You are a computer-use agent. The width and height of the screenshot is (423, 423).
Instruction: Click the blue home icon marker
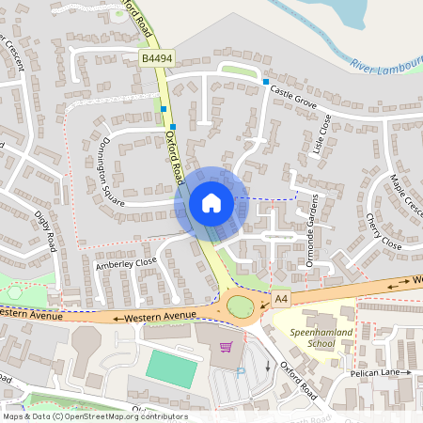tap(211, 202)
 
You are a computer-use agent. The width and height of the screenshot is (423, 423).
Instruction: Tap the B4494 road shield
tap(157, 58)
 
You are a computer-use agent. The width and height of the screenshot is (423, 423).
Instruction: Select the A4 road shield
tap(279, 298)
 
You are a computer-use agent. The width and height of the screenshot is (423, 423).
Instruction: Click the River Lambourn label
tap(385, 66)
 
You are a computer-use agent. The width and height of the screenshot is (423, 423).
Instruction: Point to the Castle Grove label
tap(293, 95)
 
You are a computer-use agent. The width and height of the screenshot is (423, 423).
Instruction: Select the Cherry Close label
tap(383, 231)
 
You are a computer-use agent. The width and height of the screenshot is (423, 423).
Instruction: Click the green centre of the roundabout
tap(241, 306)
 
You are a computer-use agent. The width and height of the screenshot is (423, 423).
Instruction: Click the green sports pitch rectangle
tap(171, 368)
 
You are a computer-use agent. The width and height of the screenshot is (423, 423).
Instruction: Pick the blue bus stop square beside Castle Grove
tap(265, 83)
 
